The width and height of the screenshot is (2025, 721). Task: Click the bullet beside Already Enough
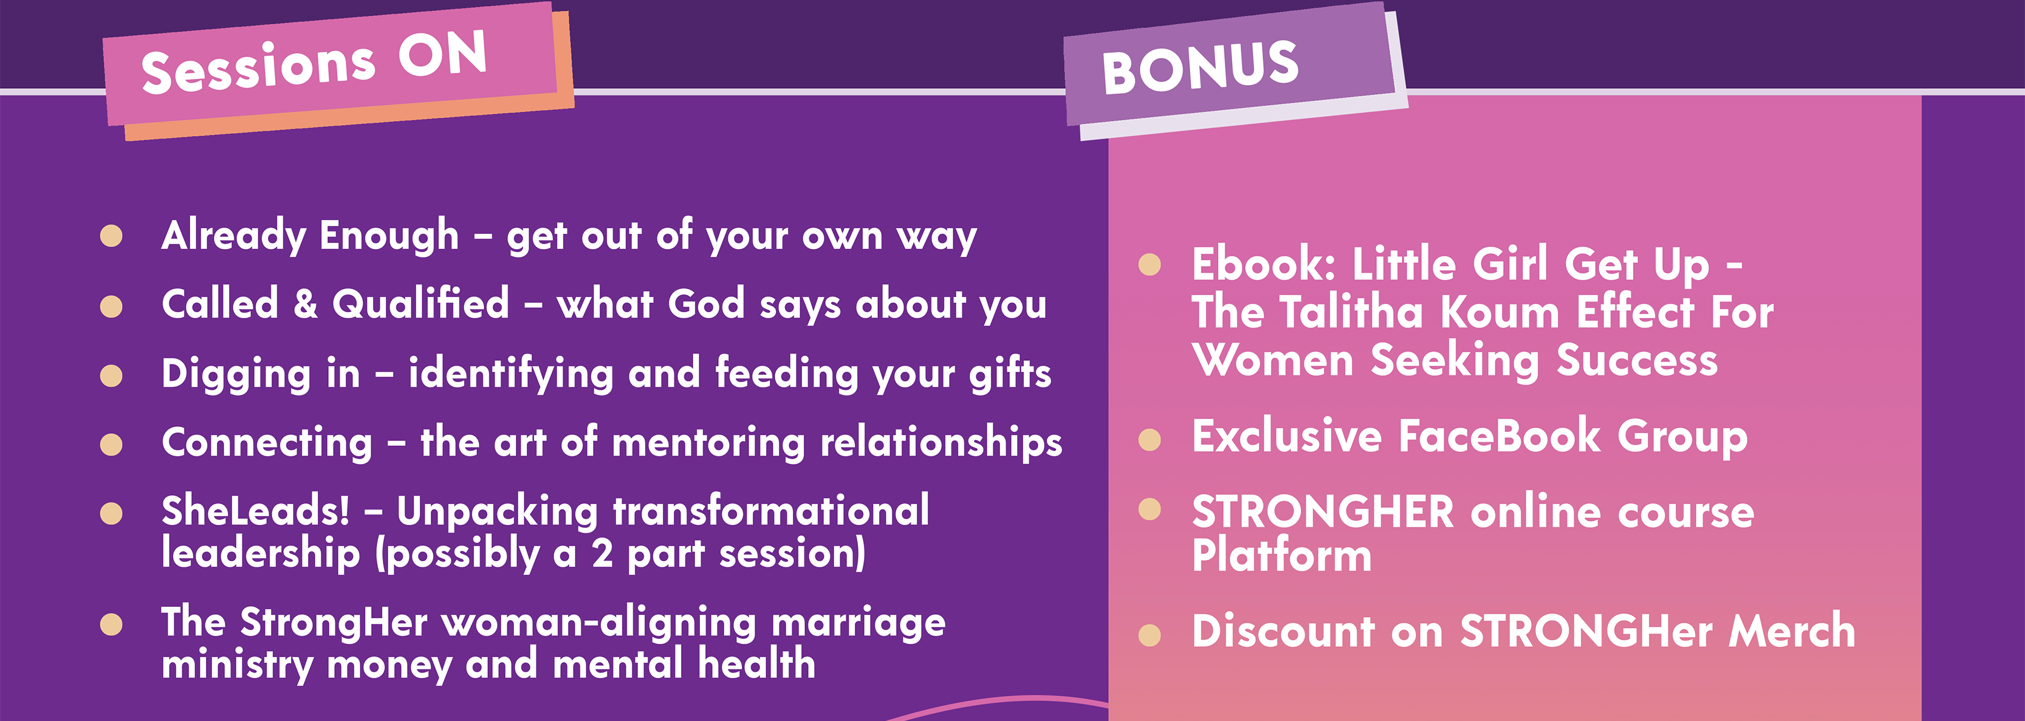tap(112, 236)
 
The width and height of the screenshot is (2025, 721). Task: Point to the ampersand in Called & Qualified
tap(306, 304)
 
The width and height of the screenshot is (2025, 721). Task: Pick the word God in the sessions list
tap(706, 304)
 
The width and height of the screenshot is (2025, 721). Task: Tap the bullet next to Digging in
tap(112, 375)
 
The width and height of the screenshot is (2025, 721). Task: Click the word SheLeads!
tap(256, 511)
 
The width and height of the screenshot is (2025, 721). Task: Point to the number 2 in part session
tap(602, 553)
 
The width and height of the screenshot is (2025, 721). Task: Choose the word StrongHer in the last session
tap(334, 623)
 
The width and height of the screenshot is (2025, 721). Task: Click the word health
tap(756, 664)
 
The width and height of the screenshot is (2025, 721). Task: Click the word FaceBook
tap(1499, 436)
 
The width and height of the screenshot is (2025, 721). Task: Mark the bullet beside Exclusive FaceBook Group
tap(1150, 440)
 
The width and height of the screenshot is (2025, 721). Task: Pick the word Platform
tap(1282, 555)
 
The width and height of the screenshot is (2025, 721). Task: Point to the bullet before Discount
tap(1150, 635)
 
